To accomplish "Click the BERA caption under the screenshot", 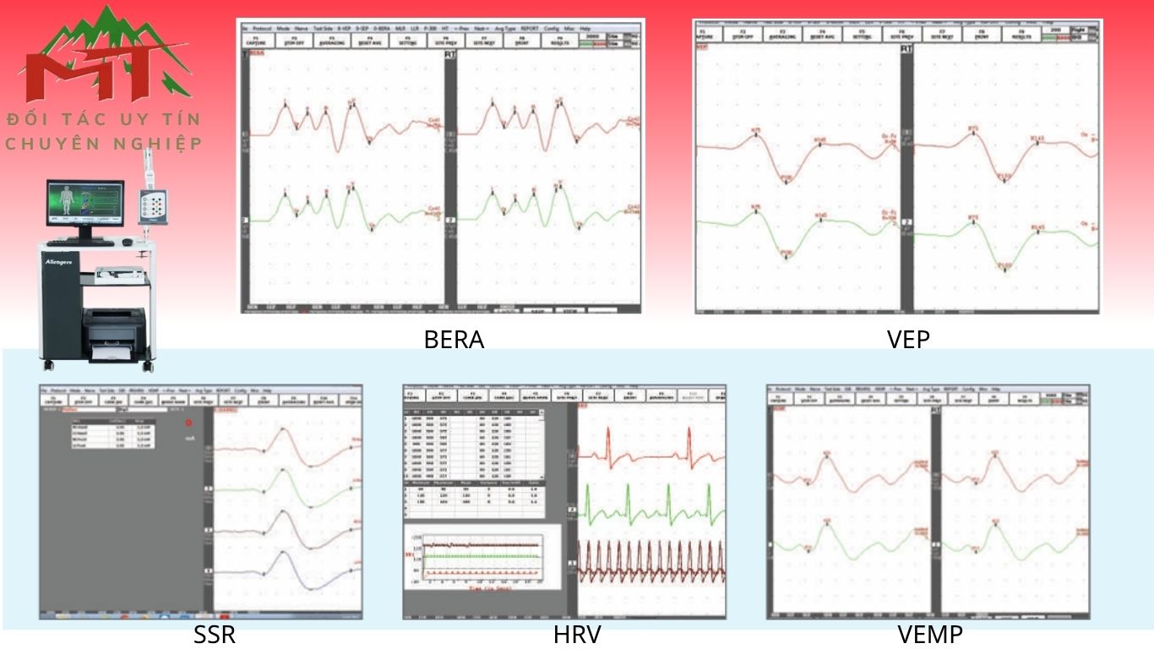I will point(454,340).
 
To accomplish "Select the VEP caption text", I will point(907,340).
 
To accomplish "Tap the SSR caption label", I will point(215,635).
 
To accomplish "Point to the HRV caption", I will point(578,635).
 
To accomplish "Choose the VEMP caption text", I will point(930,635).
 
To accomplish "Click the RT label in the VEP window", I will point(906,49).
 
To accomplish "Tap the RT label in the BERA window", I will point(450,54).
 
